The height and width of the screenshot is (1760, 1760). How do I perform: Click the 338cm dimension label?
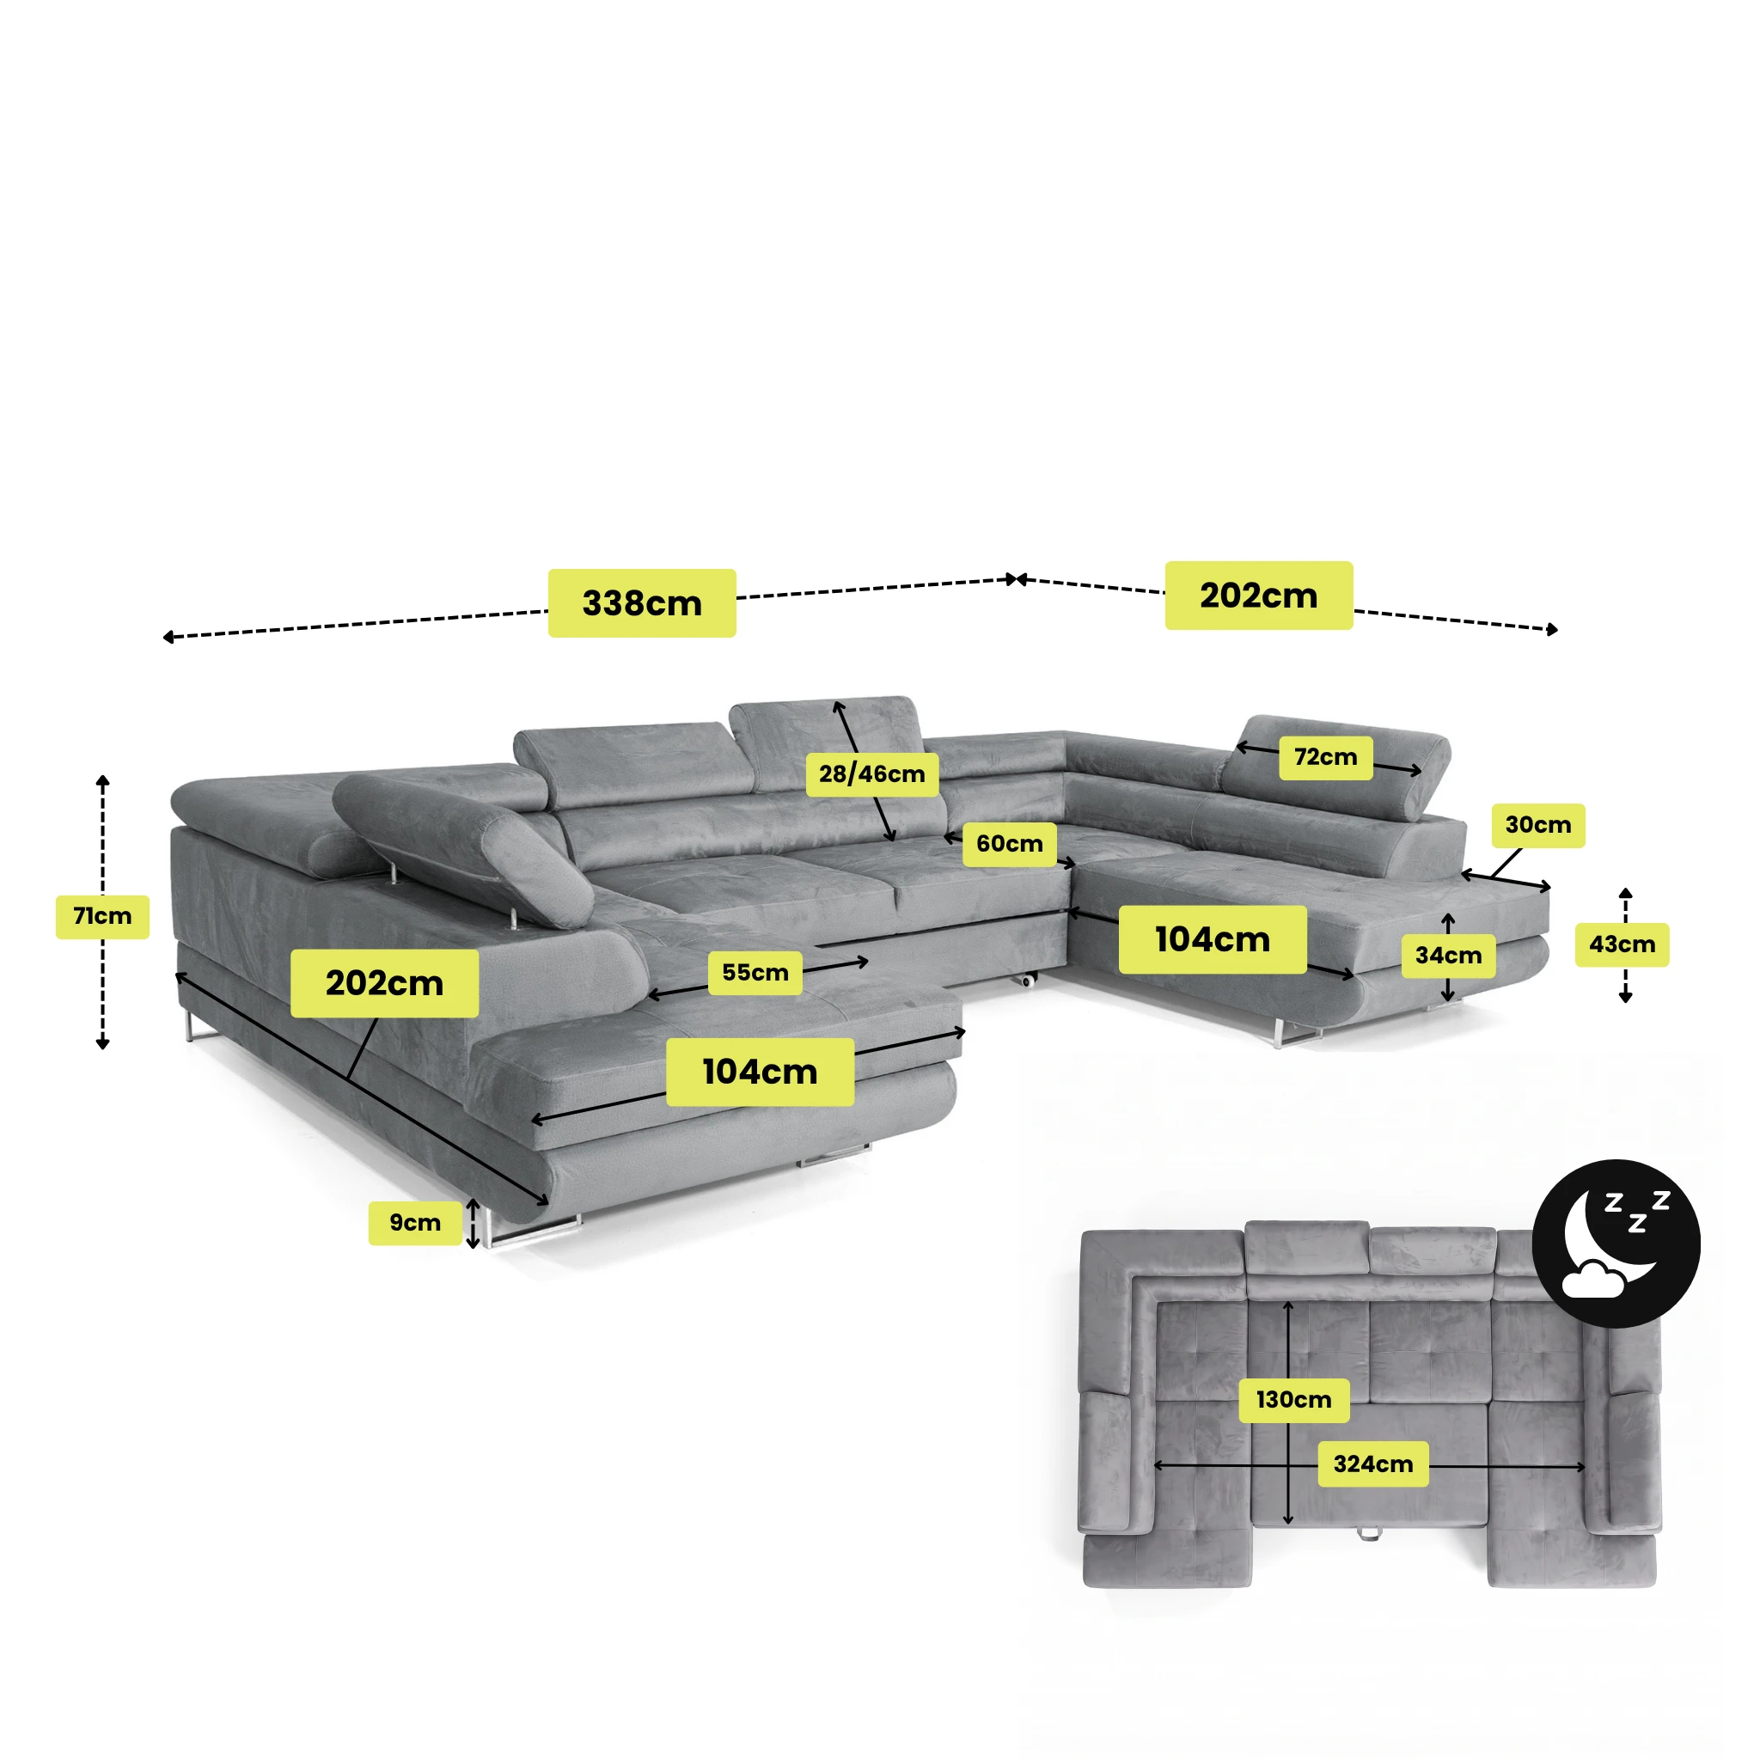[641, 603]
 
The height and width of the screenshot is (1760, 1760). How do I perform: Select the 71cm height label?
[102, 916]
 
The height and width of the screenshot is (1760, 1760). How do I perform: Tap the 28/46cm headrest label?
[871, 774]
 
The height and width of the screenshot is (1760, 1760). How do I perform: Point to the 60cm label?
[1010, 844]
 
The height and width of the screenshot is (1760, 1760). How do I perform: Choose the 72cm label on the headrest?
[1325, 757]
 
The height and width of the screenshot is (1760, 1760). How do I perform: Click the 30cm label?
[1537, 825]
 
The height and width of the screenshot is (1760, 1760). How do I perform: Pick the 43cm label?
[1622, 944]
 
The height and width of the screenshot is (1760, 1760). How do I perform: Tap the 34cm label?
[1448, 956]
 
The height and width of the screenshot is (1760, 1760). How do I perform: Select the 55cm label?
[755, 973]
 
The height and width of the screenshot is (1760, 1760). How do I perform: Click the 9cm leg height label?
[415, 1223]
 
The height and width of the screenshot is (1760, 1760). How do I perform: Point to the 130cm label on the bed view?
[1293, 1400]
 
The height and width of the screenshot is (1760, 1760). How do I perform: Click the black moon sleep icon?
[1616, 1244]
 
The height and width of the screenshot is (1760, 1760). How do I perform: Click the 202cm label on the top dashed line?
[1259, 596]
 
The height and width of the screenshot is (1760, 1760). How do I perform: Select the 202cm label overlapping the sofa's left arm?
[384, 984]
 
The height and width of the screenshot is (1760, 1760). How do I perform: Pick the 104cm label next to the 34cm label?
[1213, 939]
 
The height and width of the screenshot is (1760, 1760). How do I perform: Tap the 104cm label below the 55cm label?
[760, 1072]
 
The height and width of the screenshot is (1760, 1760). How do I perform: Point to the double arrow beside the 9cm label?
[473, 1224]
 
